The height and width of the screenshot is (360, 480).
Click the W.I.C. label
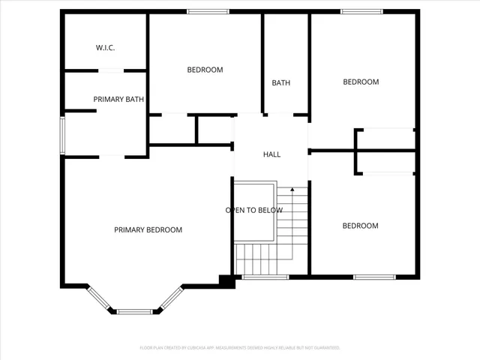pos(105,47)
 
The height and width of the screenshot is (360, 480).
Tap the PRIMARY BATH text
pos(118,99)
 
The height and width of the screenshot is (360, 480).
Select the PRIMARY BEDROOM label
pos(148,229)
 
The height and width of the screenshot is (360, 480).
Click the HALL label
pos(271,154)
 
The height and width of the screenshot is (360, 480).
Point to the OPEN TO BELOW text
pos(254,210)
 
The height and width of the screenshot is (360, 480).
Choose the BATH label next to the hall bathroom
pos(281,83)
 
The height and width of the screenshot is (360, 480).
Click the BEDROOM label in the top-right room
pos(361,82)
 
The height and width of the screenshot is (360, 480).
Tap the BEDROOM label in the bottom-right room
pos(361,226)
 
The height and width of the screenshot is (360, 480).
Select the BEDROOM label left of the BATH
pos(205,70)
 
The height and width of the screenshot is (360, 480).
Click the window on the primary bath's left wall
pos(63,134)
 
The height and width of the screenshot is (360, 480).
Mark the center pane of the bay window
pos(134,311)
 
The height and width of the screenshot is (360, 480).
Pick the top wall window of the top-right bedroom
pos(361,11)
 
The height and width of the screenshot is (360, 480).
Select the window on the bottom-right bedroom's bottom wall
pos(374,277)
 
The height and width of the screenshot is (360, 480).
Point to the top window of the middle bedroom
pos(208,11)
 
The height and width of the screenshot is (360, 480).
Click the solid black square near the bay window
pos(225,281)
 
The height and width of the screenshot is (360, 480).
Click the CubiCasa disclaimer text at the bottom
pos(240,348)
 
